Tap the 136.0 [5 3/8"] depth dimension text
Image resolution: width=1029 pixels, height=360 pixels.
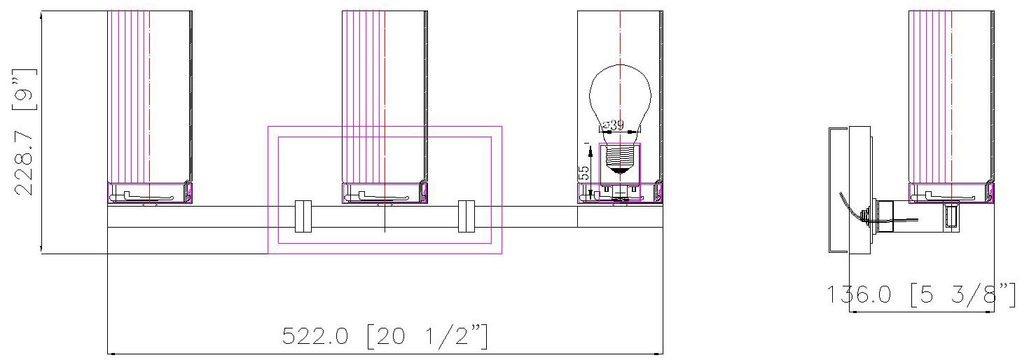[x=921, y=295]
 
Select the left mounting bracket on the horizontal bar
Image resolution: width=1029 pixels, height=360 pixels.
[x=303, y=216]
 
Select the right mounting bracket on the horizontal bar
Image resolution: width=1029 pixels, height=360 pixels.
[x=466, y=216]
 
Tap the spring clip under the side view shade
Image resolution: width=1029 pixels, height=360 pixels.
[x=947, y=195]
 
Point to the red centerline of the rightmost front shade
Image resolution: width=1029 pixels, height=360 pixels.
[x=620, y=42]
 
